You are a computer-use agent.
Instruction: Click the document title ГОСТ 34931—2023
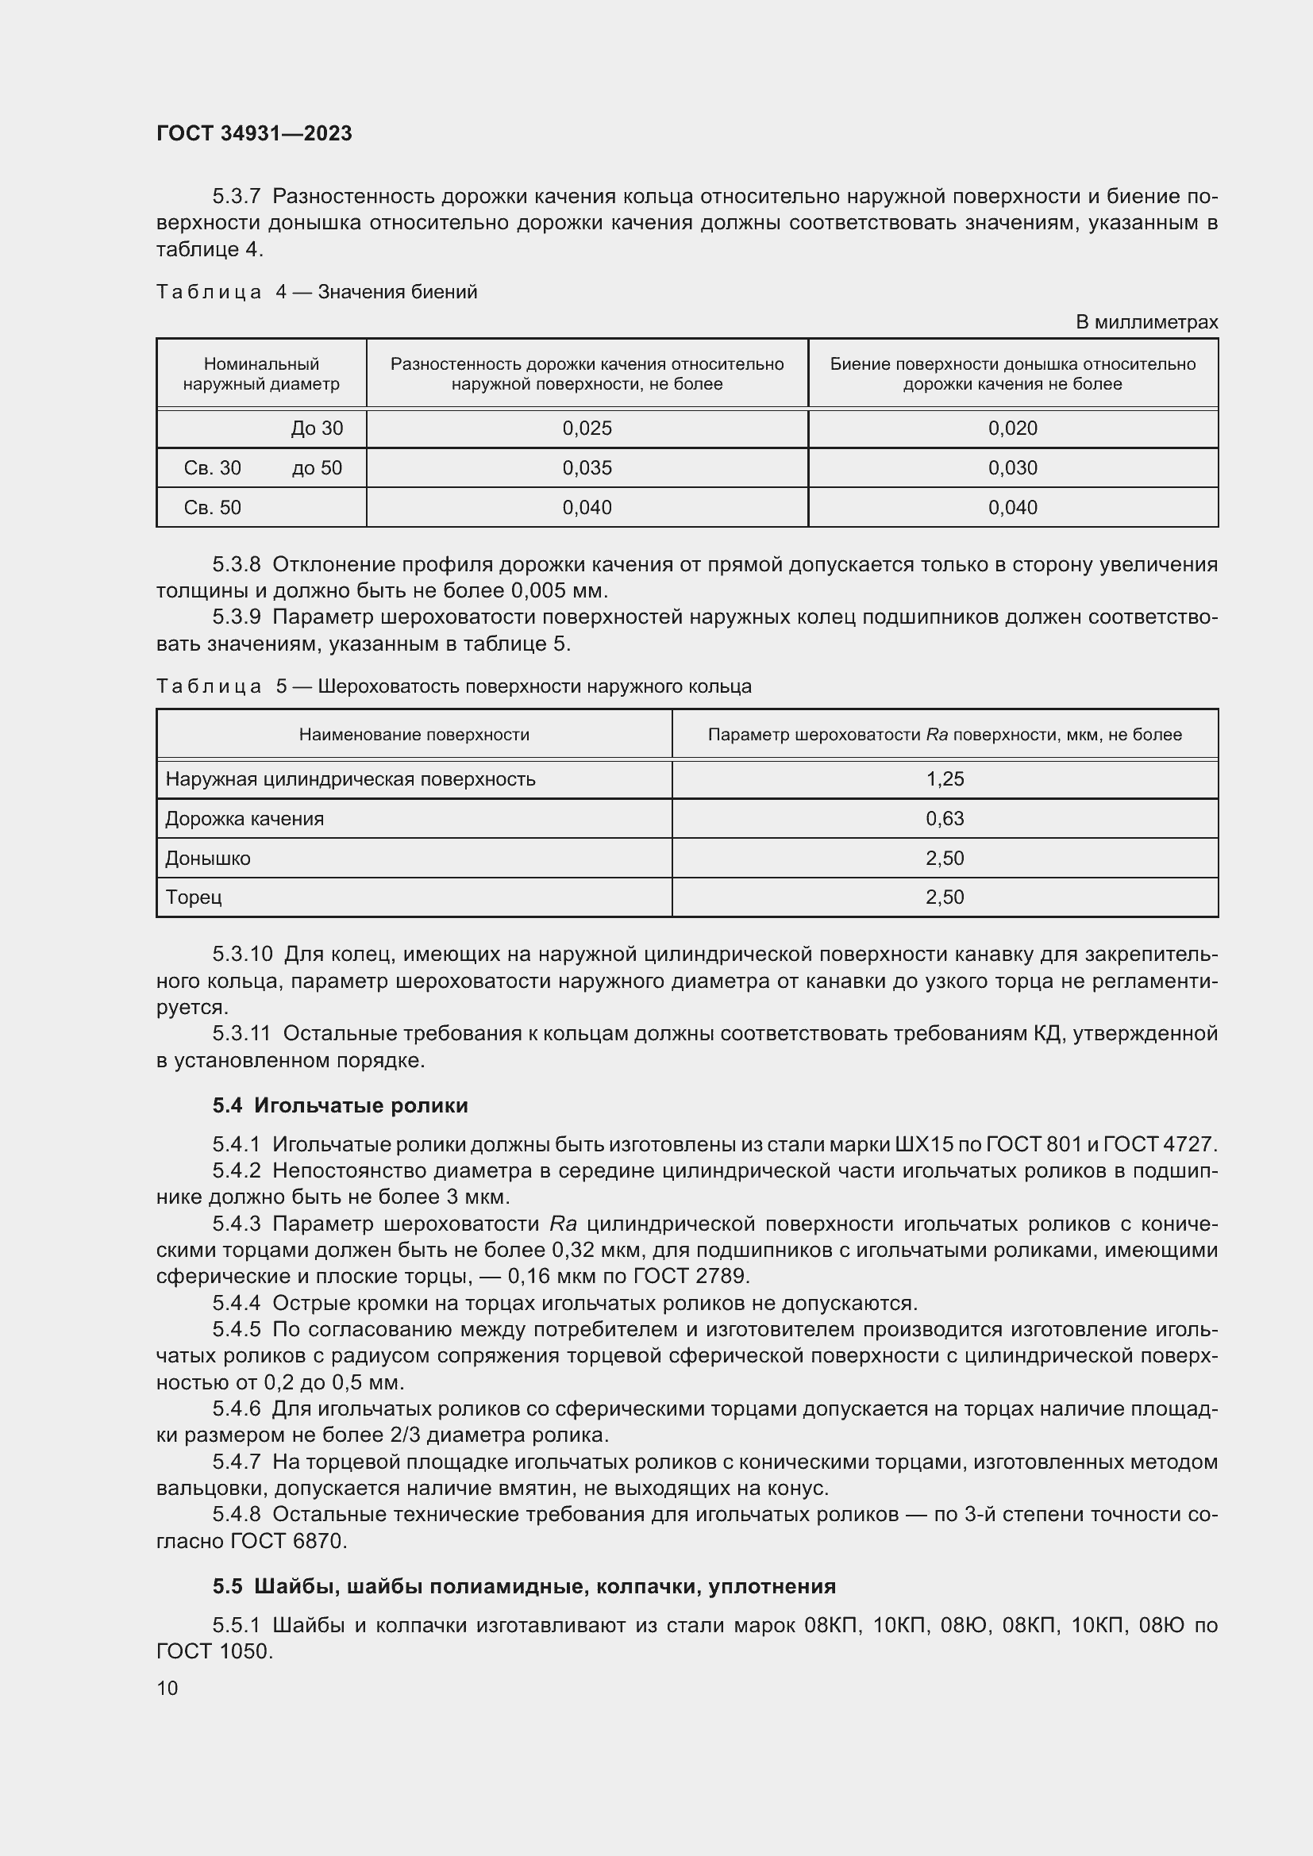[x=254, y=133]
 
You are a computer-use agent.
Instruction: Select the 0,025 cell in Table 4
[x=587, y=428]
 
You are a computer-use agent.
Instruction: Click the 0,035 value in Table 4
[x=587, y=468]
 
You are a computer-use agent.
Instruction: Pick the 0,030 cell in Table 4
[x=1012, y=468]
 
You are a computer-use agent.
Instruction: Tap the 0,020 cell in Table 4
[x=1012, y=428]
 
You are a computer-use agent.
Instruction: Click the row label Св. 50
[x=213, y=508]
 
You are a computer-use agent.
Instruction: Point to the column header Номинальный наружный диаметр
[x=261, y=375]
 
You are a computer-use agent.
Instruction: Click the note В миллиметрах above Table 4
[x=1146, y=321]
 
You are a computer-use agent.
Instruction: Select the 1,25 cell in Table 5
[x=945, y=779]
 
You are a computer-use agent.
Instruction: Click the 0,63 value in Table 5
[x=945, y=819]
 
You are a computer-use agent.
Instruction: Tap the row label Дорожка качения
[x=245, y=819]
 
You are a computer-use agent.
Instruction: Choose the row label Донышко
[x=208, y=859]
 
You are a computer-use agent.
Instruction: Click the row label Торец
[x=193, y=897]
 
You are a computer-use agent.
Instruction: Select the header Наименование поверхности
[x=414, y=735]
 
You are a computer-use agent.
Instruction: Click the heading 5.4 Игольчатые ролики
[x=341, y=1105]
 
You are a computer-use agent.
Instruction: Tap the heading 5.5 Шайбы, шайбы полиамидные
[x=524, y=1586]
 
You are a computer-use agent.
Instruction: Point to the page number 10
[x=167, y=1688]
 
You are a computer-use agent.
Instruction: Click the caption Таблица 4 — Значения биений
[x=316, y=292]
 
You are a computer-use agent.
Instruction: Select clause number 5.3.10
[x=243, y=955]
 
